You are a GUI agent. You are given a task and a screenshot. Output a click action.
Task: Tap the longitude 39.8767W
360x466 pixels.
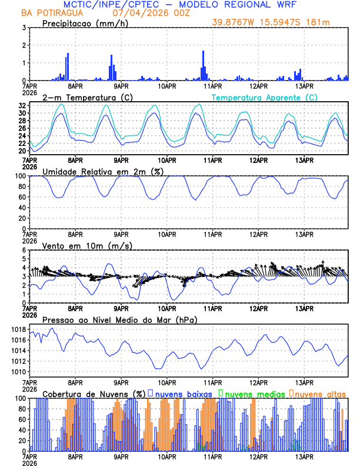(235, 22)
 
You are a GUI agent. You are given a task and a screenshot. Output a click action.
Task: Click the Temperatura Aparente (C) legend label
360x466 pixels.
(264, 97)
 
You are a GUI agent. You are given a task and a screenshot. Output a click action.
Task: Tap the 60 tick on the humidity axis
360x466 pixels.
(22, 197)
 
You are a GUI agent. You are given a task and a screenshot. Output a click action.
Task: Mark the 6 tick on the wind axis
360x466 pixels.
(24, 250)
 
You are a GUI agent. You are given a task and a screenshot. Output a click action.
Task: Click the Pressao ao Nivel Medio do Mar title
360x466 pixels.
(119, 319)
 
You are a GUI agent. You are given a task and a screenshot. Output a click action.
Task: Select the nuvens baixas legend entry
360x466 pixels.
(182, 393)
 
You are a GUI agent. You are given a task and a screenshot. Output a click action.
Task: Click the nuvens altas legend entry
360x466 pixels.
(319, 393)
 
